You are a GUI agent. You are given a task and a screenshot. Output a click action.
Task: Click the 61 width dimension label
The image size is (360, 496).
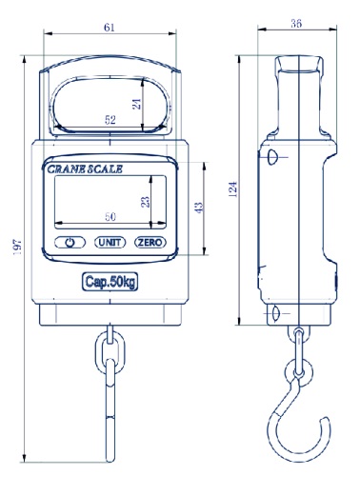click(110, 28)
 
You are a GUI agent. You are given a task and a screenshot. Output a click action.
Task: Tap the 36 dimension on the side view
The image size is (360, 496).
click(296, 24)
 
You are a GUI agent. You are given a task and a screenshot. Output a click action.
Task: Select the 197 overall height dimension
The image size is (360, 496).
click(18, 248)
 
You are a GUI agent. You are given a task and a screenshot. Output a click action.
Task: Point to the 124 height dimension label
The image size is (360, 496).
click(233, 189)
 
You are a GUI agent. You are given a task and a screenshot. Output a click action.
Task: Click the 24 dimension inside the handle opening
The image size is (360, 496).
click(137, 104)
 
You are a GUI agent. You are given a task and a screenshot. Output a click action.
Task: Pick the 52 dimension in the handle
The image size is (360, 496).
click(110, 120)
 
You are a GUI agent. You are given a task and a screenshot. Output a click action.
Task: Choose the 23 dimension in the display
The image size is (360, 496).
click(146, 202)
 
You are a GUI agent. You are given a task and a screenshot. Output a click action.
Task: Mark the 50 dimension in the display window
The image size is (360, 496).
click(110, 217)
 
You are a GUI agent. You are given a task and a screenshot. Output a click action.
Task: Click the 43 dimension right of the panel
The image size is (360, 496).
click(199, 208)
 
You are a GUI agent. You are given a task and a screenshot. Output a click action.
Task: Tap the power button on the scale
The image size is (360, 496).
click(70, 243)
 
